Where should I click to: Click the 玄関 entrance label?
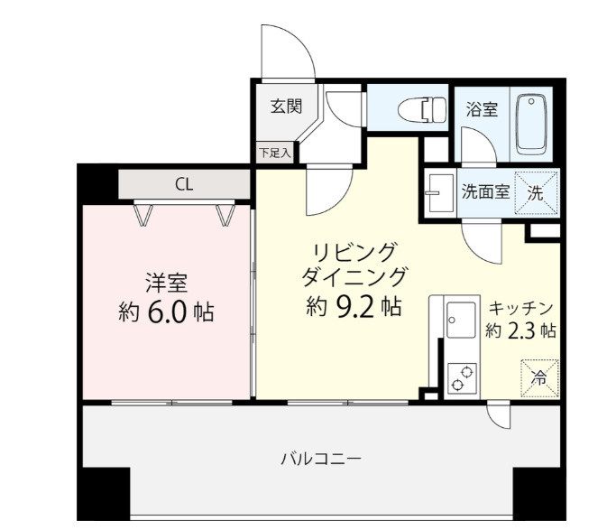coord(286,106)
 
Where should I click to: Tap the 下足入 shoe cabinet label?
coord(275,153)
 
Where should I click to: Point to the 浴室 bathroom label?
coord(482,110)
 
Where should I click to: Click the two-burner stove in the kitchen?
coord(462,377)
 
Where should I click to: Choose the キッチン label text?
coord(520,306)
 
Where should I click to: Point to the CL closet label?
coord(183,186)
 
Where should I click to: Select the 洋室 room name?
coord(167,283)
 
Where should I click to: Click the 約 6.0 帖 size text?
coord(166,312)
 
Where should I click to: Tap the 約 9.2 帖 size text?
coord(354,307)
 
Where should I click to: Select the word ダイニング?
coord(354,275)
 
